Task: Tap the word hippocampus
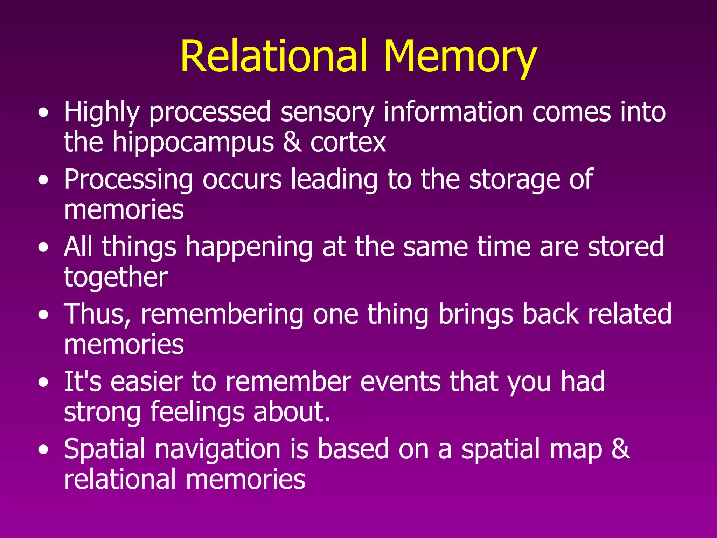pos(193,143)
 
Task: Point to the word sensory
pos(327,112)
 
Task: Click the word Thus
pos(98,314)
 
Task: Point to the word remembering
pos(222,314)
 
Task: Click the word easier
pos(147,381)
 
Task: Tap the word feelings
pos(197,412)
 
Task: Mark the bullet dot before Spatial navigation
pos(43,450)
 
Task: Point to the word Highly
pos(102,112)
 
